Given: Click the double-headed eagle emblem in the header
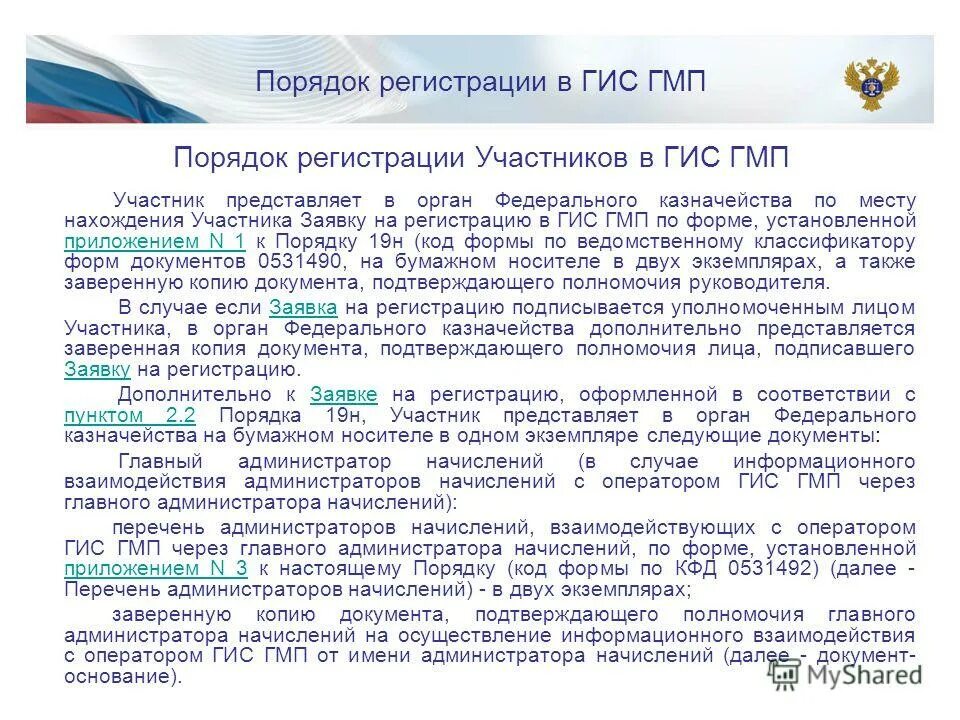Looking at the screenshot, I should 871,82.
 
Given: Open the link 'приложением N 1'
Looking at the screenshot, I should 154,242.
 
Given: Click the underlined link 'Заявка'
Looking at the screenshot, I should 303,307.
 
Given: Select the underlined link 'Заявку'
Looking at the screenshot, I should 98,369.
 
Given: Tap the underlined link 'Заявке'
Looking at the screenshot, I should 344,394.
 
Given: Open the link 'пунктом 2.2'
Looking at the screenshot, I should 129,415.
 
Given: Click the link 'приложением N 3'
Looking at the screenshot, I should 155,569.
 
